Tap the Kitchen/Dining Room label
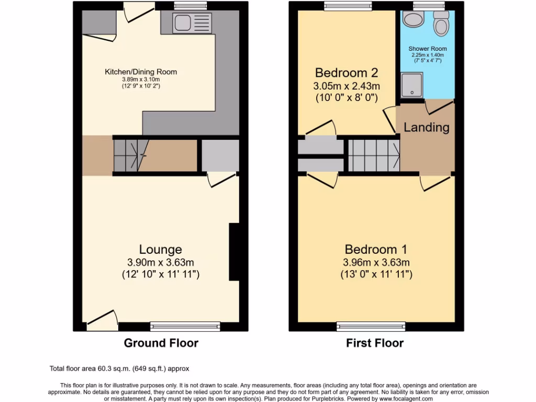pyautogui.click(x=141, y=72)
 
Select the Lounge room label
pyautogui.click(x=160, y=250)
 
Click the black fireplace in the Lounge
pyautogui.click(x=234, y=253)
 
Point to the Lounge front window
pyautogui.click(x=185, y=327)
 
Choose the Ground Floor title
pyautogui.click(x=161, y=343)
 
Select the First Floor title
pyautogui.click(x=375, y=343)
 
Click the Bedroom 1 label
pyautogui.click(x=376, y=250)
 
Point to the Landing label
pyautogui.click(x=426, y=127)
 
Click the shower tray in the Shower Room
pyautogui.click(x=411, y=85)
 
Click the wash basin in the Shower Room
pyautogui.click(x=415, y=20)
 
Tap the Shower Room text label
pyautogui.click(x=426, y=49)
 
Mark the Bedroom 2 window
pyautogui.click(x=348, y=6)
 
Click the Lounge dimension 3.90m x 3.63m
pyautogui.click(x=160, y=262)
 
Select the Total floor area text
pyautogui.click(x=123, y=369)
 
